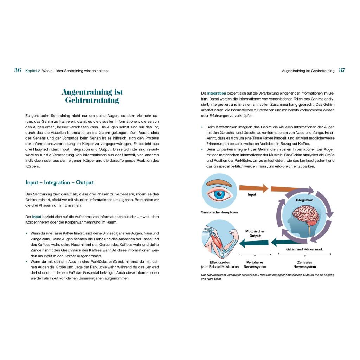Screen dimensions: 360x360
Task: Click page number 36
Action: (x=18, y=70)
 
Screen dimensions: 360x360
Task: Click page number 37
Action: (x=342, y=70)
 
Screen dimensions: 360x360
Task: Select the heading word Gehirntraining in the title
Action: (x=92, y=101)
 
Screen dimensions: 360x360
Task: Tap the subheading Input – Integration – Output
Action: (x=59, y=182)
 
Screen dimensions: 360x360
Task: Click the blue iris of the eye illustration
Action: (x=220, y=195)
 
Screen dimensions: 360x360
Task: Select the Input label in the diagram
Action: (x=252, y=194)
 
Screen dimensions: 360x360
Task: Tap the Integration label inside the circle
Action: (x=304, y=200)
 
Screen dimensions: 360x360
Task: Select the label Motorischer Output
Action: (x=255, y=233)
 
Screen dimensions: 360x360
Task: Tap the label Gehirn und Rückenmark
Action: (x=304, y=249)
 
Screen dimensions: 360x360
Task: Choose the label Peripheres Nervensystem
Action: (x=255, y=264)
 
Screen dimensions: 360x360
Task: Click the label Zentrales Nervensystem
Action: (x=304, y=264)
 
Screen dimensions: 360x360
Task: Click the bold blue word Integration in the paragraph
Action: (x=217, y=93)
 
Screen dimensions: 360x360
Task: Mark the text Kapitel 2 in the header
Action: (x=33, y=71)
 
